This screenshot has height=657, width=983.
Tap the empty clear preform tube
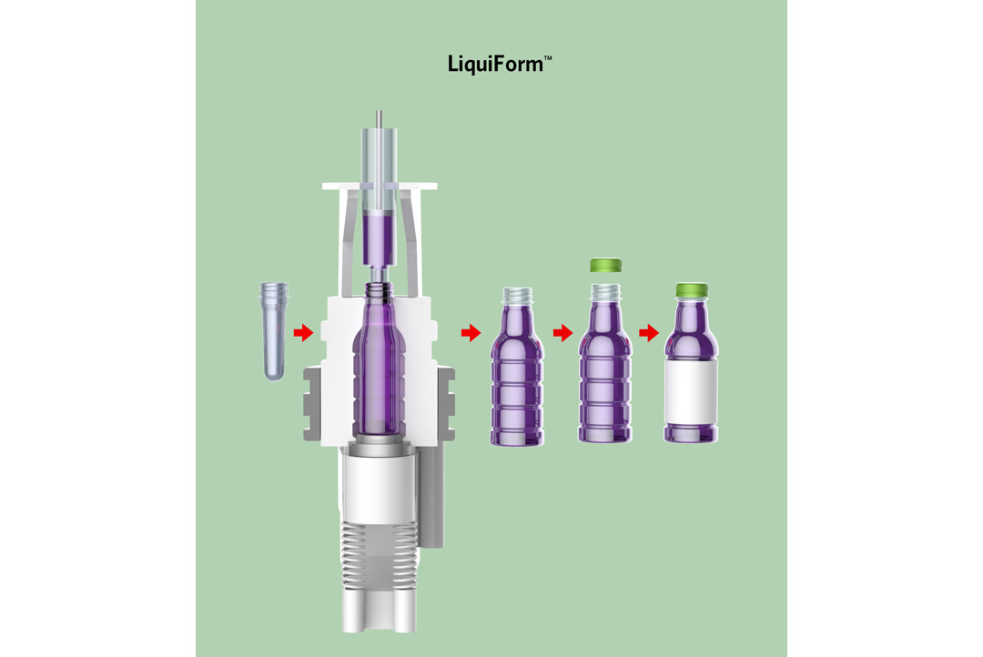point(274,331)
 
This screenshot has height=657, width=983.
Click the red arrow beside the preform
point(303,332)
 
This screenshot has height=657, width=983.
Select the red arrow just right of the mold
point(471,333)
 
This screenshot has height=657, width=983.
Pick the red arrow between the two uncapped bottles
point(563,333)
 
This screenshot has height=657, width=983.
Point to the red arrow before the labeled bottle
point(649,333)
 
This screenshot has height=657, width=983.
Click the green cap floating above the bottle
point(605,265)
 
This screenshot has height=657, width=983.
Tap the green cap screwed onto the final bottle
point(692,290)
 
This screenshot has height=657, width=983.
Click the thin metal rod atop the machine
point(379,119)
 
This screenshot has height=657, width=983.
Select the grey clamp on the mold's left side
point(312,404)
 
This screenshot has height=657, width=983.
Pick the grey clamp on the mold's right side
point(446,404)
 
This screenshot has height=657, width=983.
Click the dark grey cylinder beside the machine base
point(432,499)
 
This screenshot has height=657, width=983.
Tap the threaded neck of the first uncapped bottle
point(517,295)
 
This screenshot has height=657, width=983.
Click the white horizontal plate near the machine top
point(380,187)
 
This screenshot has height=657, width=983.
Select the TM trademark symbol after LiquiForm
point(548,58)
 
